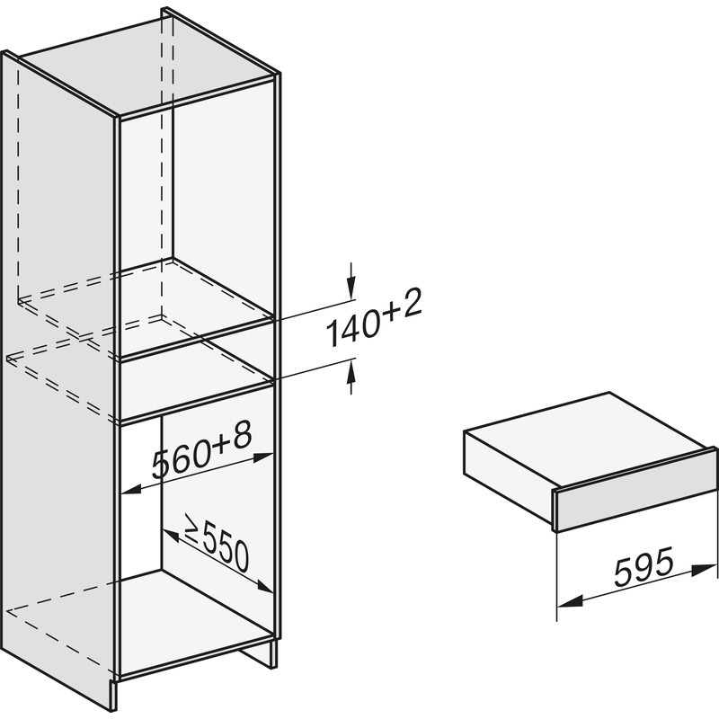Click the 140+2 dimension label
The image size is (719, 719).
[x=374, y=317]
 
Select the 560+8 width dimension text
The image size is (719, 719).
[x=202, y=451]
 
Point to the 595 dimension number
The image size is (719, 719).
[x=644, y=566]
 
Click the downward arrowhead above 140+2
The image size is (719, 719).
[x=351, y=288]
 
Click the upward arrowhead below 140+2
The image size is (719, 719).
[x=351, y=371]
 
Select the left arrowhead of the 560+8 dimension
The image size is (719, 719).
[x=132, y=490]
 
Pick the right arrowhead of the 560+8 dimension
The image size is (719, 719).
[x=264, y=457]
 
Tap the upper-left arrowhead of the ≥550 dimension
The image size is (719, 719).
[x=172, y=535]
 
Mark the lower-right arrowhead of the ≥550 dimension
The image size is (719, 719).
[x=265, y=586]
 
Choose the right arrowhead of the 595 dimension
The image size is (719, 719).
[x=704, y=570]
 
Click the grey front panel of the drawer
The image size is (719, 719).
[x=636, y=490]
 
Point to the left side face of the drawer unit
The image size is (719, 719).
[x=509, y=468]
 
